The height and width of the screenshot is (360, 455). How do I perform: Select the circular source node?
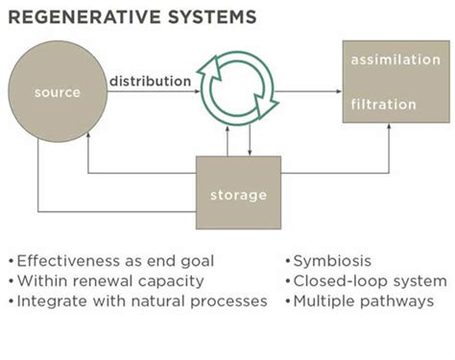[x=57, y=93]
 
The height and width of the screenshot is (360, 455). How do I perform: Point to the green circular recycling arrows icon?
[x=236, y=92]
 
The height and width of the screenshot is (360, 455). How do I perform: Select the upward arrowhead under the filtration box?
[x=391, y=128]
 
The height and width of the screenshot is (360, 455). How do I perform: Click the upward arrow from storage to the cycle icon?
[x=227, y=139]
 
